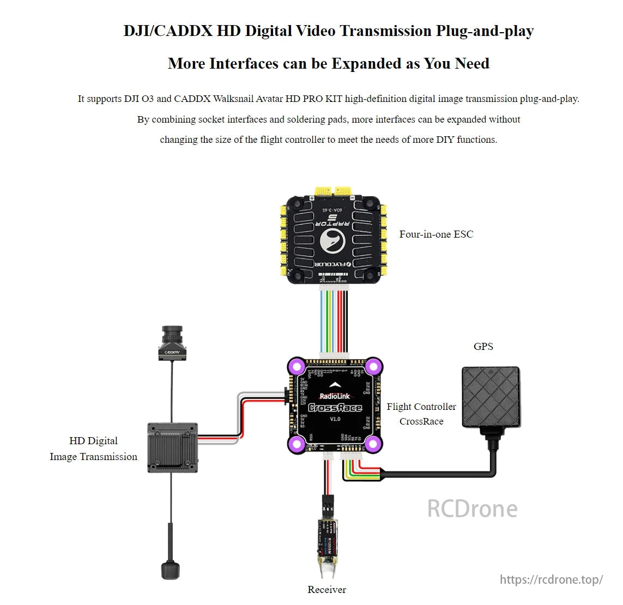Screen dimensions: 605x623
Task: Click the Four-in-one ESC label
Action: tap(436, 234)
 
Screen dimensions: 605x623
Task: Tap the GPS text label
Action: tap(483, 347)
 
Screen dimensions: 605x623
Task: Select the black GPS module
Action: tap(491, 397)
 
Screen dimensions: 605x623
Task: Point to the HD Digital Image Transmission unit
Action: tap(172, 447)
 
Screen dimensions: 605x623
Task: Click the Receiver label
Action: tap(326, 590)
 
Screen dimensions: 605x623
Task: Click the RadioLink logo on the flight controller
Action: tap(335, 396)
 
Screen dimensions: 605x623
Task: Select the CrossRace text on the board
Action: tap(335, 408)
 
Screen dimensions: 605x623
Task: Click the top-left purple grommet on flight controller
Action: tap(297, 366)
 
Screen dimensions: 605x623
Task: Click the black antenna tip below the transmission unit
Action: tap(170, 569)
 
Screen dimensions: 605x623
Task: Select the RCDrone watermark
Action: tap(472, 509)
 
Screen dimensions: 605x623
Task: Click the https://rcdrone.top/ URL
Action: tap(551, 579)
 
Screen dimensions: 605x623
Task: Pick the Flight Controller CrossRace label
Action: tap(421, 414)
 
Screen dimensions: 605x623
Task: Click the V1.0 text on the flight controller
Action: tap(335, 419)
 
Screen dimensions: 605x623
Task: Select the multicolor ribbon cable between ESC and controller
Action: tap(335, 322)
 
